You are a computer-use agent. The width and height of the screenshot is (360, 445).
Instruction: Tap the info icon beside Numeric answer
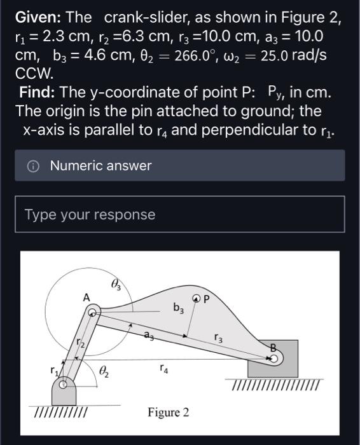pyautogui.click(x=33, y=166)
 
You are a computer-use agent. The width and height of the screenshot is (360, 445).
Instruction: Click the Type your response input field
pyautogui.click(x=179, y=214)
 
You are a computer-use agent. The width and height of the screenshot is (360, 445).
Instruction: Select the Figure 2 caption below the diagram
pyautogui.click(x=168, y=413)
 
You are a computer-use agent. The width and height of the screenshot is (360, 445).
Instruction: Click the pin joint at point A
pyautogui.click(x=93, y=312)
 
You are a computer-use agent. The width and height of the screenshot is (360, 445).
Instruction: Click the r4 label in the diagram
pyautogui.click(x=164, y=367)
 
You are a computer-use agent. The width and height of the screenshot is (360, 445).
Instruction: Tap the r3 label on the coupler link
pyautogui.click(x=218, y=338)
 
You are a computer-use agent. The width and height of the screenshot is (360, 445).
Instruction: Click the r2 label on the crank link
pyautogui.click(x=80, y=344)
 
